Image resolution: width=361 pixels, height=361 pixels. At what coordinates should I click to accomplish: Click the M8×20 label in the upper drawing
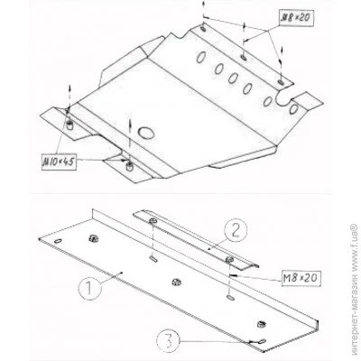pos(295,18)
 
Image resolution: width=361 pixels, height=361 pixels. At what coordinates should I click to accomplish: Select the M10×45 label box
pos(59,162)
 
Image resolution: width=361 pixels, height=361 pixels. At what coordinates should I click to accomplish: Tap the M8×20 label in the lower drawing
pos(301,278)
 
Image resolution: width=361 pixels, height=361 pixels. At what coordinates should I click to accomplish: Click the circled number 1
pos(89,288)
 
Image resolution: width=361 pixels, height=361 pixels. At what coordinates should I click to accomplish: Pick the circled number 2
pos(236,230)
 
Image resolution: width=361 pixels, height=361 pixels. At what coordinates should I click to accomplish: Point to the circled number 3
pos(168,341)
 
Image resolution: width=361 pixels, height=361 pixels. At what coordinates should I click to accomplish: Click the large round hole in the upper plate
pos(146,133)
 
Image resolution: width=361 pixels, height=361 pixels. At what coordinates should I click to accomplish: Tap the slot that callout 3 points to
pos(262,341)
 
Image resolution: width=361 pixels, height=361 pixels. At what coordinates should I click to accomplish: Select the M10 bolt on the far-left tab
pos(69,124)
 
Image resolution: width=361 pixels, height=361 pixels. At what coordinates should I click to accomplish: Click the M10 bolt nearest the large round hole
pos(129,165)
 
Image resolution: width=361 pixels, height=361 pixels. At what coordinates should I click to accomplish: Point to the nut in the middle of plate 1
pos(176,282)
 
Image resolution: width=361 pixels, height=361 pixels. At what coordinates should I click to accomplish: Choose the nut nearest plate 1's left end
pos(93,238)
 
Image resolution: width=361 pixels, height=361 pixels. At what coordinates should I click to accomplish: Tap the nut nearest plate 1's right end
pos(261,324)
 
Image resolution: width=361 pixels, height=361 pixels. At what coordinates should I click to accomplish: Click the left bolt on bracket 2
pos(153,220)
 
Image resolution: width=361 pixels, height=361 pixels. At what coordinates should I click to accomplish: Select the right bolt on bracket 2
pos(229,259)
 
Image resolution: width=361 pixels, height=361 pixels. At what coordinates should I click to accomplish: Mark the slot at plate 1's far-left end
pos(58,241)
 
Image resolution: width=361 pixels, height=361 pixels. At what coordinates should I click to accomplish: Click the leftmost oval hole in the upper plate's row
pos(201,57)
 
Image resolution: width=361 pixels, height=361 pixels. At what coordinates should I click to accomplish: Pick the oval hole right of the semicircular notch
pos(293,109)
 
